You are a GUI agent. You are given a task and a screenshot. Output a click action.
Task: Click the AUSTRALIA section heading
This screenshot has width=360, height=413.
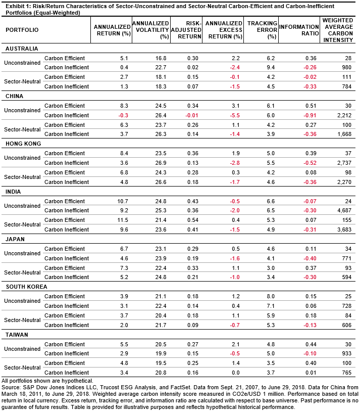(21, 49)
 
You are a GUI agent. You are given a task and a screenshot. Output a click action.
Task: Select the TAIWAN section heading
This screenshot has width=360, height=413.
(17, 334)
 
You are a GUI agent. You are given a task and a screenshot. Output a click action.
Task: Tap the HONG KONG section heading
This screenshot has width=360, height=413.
(24, 144)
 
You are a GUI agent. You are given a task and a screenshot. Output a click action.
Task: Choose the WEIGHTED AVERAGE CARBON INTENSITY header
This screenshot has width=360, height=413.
(339, 30)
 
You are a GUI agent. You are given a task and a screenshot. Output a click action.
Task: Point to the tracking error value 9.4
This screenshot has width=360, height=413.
(271, 68)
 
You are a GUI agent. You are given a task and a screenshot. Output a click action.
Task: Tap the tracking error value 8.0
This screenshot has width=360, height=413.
(271, 296)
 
